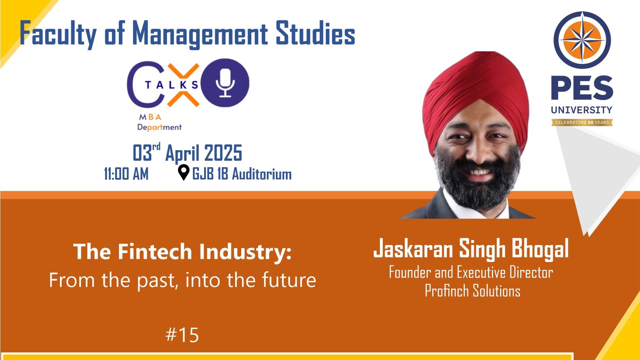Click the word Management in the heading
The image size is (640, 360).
point(200,34)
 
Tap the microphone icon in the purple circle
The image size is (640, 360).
point(225,83)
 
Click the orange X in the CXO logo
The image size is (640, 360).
point(183,85)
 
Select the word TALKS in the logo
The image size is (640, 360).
point(171,85)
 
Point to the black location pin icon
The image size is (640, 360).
point(183,172)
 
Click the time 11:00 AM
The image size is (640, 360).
point(126,174)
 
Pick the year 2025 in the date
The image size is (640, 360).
point(223,153)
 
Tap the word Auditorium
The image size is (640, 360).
point(262,174)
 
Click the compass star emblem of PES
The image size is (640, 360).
point(582,40)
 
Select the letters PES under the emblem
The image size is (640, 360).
point(582,88)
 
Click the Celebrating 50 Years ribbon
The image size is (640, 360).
point(582,122)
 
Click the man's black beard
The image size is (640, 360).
point(477,183)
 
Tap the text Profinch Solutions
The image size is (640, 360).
point(472,291)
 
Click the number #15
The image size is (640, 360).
point(182,335)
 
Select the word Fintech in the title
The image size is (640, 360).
point(155,251)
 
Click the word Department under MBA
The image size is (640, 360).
point(160,127)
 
